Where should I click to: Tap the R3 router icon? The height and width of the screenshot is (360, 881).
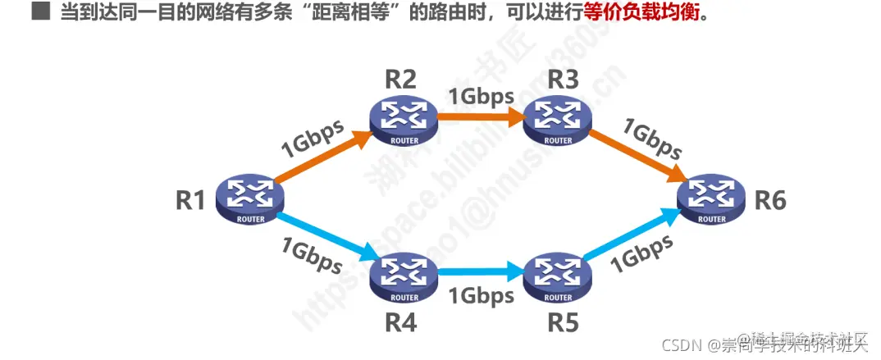(x=559, y=121)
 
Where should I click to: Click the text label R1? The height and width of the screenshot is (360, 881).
(x=189, y=200)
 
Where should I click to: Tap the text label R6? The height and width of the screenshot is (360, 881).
(x=770, y=200)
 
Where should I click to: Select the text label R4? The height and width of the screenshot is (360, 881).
(x=400, y=323)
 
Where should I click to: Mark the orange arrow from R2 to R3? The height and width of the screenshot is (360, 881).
(x=481, y=117)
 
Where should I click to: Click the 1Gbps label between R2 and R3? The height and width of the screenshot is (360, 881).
(x=481, y=94)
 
